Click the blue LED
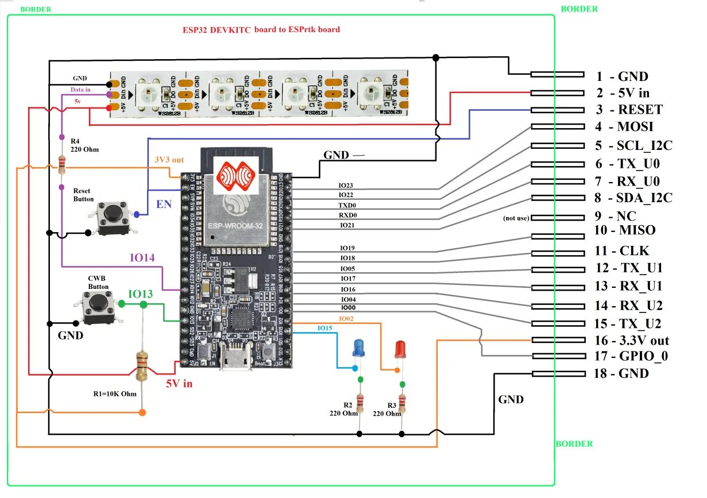tap(358, 347)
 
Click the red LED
tap(400, 349)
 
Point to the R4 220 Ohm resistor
tap(61, 165)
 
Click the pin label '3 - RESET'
tap(629, 110)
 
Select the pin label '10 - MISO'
tap(625, 230)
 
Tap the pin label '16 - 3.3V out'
tap(632, 341)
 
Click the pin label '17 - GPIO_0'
tap(631, 357)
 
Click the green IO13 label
tap(140, 294)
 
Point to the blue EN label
tap(164, 204)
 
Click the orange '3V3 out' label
tap(169, 160)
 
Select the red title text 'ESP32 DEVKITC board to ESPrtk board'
tap(261, 29)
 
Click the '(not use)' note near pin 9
tap(516, 218)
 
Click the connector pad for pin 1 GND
tap(557, 74)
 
